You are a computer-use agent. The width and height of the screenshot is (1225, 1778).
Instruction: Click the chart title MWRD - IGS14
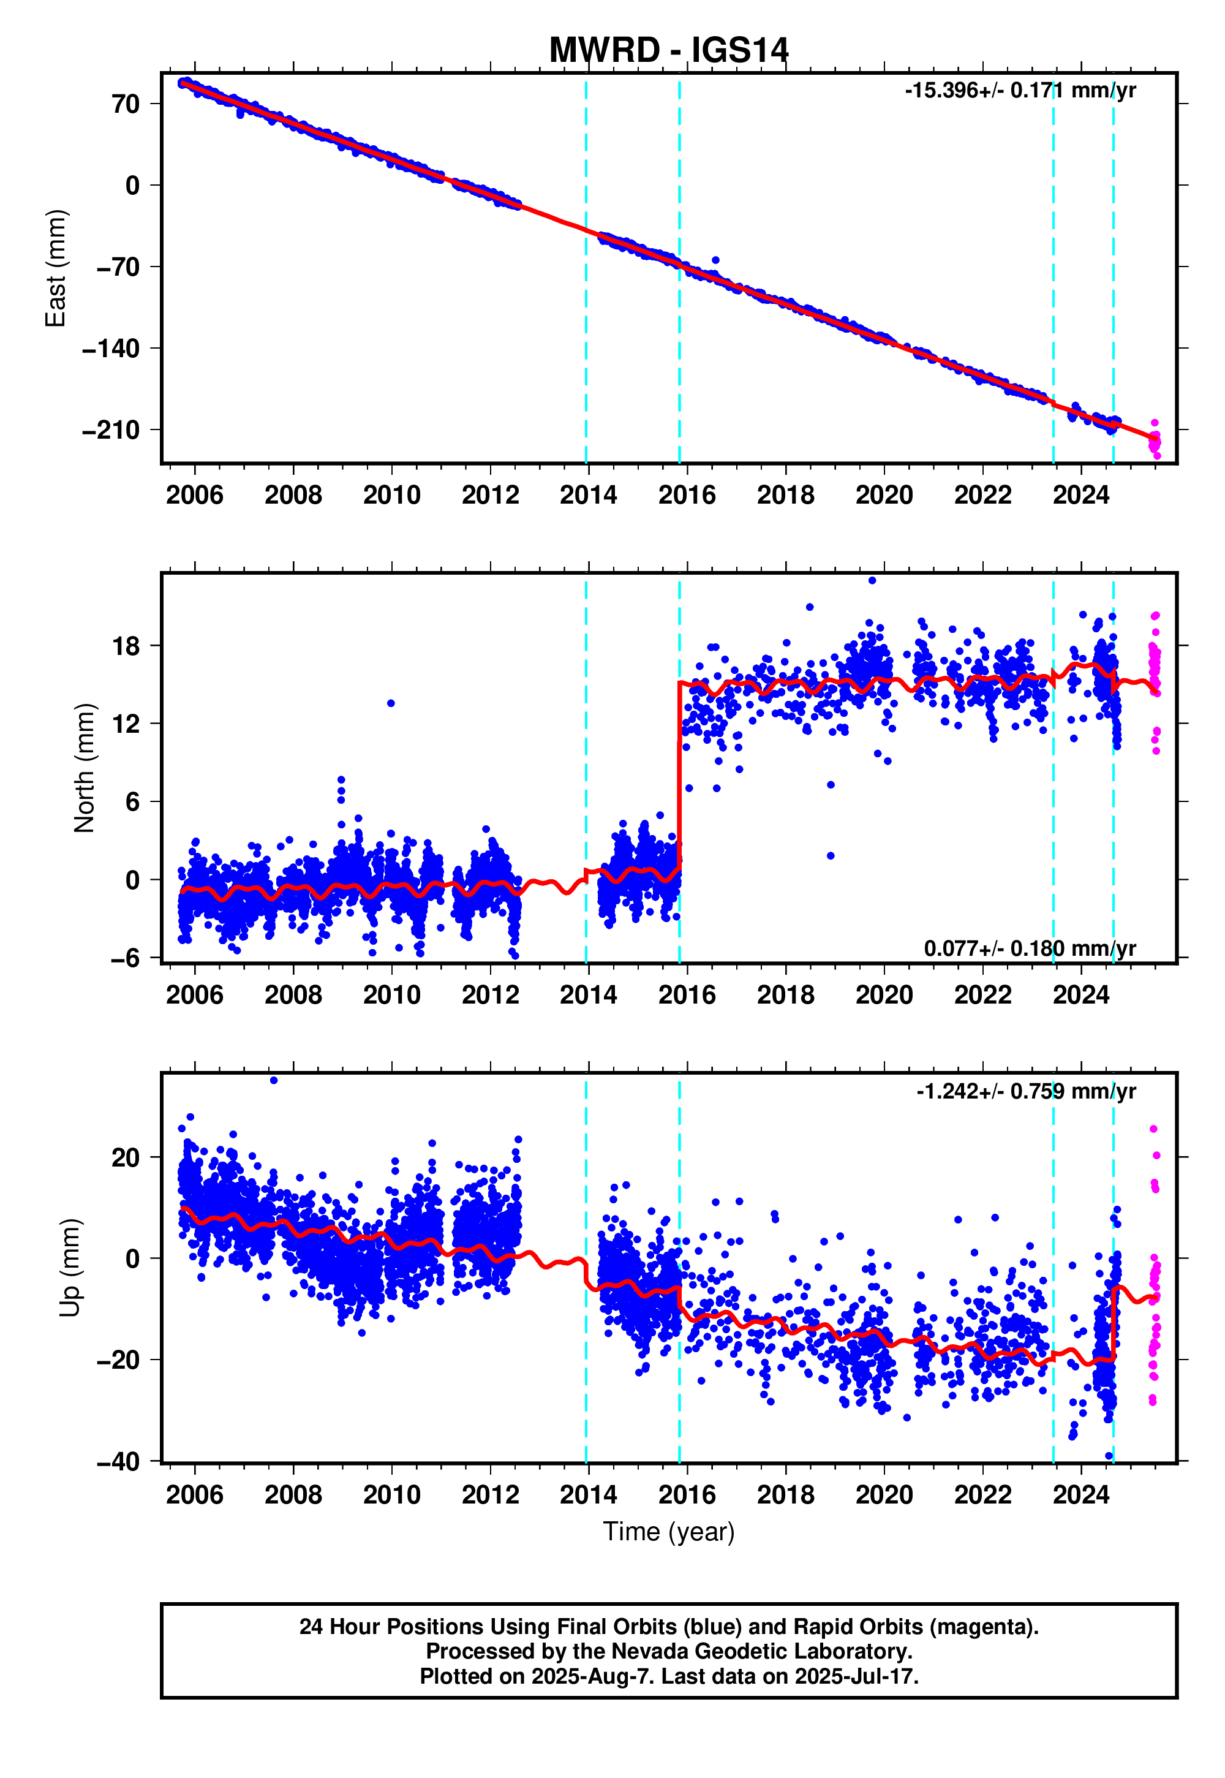[668, 51]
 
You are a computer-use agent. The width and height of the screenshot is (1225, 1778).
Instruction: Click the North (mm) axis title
[85, 768]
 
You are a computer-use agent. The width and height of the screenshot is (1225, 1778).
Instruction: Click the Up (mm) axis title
[70, 1268]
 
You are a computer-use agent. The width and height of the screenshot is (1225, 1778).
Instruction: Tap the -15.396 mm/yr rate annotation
[1019, 91]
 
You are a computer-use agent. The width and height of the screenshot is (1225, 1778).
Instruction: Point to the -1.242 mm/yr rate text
[1025, 1091]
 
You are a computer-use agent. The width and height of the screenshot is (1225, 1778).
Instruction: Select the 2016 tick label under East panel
[687, 495]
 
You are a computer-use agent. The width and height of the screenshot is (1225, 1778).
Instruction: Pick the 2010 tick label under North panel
[391, 995]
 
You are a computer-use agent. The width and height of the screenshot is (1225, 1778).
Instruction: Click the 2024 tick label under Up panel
[1080, 1495]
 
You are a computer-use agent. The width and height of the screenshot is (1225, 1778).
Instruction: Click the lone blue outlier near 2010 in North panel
[391, 703]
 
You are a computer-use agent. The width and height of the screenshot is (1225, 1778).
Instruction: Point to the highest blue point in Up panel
[274, 1080]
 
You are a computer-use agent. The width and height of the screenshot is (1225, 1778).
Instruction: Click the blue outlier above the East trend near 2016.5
[715, 260]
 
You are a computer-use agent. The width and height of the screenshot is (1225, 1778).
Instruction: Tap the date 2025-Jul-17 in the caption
[855, 1676]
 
